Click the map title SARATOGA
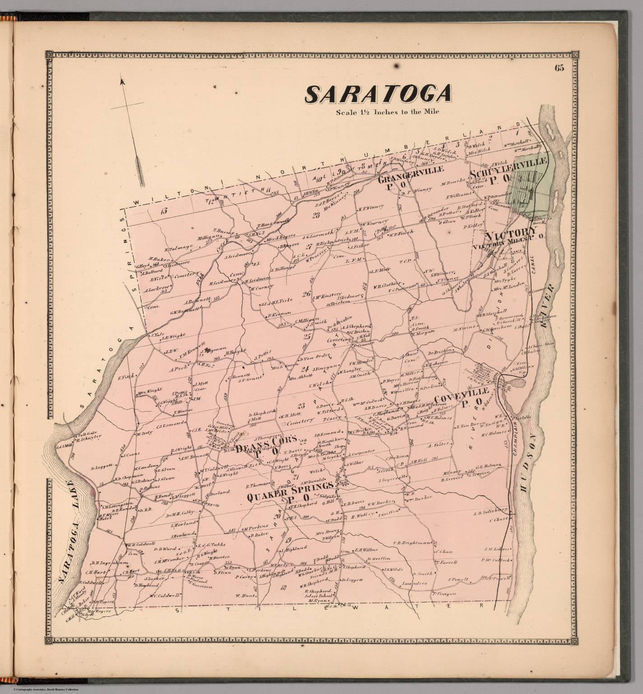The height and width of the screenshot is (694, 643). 378,94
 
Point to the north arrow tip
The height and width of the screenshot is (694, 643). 121,80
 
